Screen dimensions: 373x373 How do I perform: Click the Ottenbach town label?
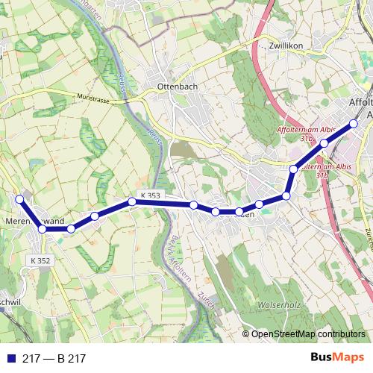point(178,87)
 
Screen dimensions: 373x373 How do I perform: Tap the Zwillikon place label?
point(286,45)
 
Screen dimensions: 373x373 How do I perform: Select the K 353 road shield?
point(150,195)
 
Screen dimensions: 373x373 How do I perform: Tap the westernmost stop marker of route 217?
point(20,199)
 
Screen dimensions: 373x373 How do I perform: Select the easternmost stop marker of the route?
point(354,123)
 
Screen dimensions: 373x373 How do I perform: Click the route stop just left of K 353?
point(132,201)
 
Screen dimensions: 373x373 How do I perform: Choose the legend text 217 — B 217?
point(54,359)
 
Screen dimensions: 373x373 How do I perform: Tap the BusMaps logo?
point(338,358)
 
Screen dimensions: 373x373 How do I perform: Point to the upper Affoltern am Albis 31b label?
point(306,134)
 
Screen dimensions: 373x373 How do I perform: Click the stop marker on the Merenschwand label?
point(43,228)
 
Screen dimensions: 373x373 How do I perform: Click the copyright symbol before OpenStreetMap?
point(245,334)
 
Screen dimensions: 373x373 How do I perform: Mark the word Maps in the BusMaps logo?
point(349,358)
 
